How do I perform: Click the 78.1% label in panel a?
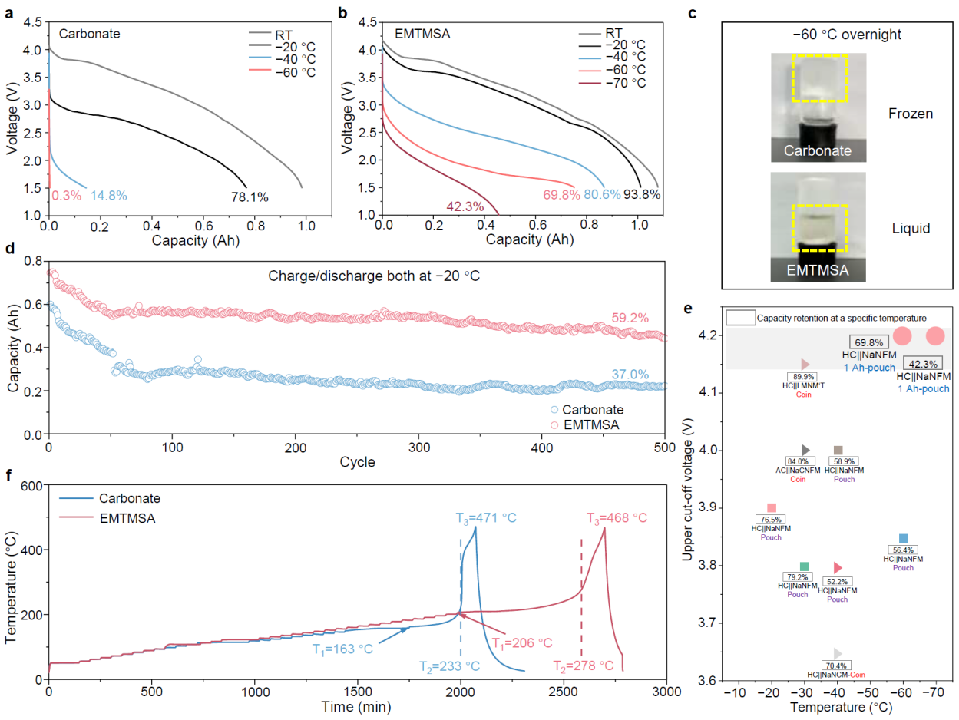point(250,197)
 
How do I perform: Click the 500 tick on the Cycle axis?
point(665,447)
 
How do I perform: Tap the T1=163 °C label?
point(342,649)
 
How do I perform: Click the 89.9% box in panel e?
point(805,377)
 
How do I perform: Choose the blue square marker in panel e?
point(904,539)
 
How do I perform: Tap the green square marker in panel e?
point(804,566)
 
